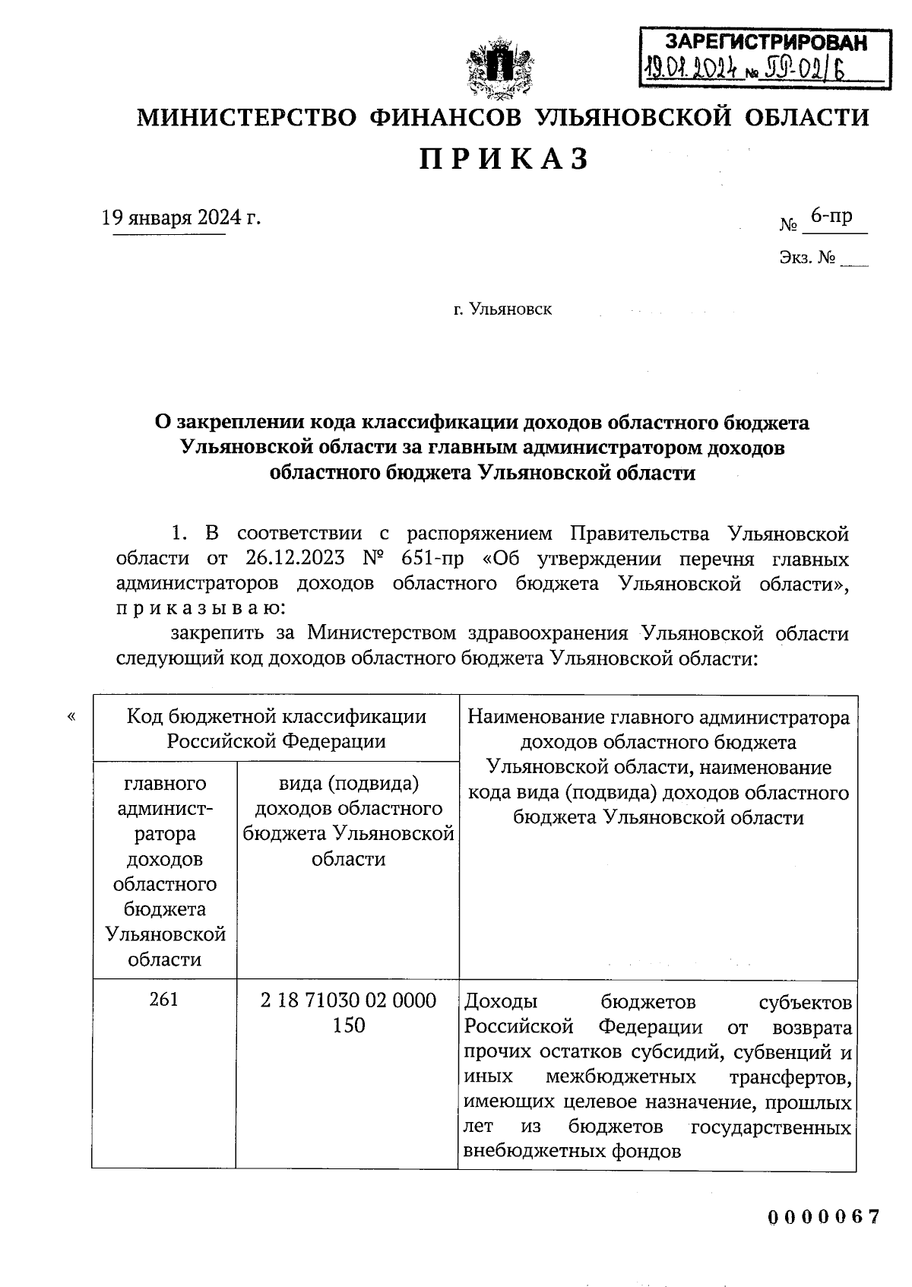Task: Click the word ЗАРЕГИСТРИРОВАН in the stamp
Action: pos(765,43)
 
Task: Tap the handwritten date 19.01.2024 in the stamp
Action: pos(691,71)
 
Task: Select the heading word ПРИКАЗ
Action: pos(505,160)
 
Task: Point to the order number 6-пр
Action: pos(831,217)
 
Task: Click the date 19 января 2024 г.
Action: pos(182,218)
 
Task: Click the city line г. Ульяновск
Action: pos(502,309)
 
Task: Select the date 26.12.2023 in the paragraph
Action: pos(296,559)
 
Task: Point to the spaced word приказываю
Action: pos(201,608)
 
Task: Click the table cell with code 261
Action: pos(164,999)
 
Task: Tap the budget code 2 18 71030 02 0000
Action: pos(348,1000)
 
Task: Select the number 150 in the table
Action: pos(348,1025)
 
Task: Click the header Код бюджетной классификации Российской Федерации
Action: pos(276,728)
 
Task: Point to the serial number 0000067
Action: pos(823,1217)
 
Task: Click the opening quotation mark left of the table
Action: pos(71,716)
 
